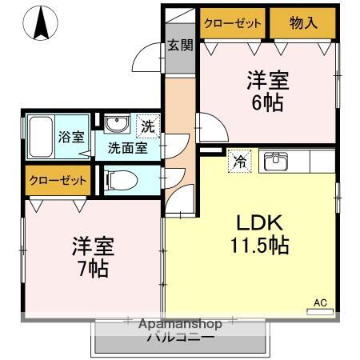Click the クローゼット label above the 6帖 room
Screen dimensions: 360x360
pos(233,23)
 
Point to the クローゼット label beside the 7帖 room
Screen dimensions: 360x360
pos(58,181)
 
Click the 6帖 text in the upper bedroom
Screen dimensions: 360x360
pos(266,102)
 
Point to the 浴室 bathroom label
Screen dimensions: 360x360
pos(70,137)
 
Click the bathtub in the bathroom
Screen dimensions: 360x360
pos(39,138)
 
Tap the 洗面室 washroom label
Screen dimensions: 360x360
pos(127,147)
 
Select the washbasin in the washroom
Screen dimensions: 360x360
pos(117,125)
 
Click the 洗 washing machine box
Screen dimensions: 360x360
pos(149,125)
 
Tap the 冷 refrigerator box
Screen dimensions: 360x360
pos(238,160)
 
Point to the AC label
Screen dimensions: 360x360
pos(320,302)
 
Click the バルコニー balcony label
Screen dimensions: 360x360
pos(179,338)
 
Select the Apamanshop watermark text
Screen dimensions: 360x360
pos(179,324)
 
